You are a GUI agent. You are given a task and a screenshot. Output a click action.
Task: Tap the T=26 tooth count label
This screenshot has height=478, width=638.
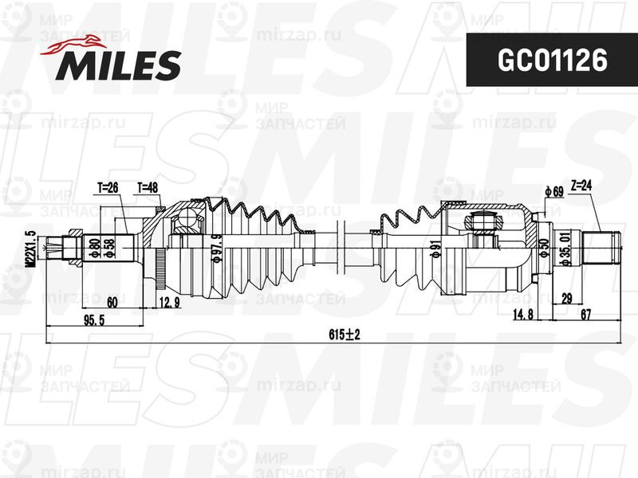[x=108, y=188]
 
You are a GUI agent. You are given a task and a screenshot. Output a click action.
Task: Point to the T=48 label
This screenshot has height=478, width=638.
[x=147, y=188]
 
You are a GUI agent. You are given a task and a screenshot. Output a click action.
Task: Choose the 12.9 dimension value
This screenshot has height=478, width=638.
[x=170, y=302]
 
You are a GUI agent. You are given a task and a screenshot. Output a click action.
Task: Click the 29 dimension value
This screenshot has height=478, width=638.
[x=565, y=297]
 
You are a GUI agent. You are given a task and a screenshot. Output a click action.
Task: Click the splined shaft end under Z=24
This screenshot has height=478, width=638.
[x=603, y=247]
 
